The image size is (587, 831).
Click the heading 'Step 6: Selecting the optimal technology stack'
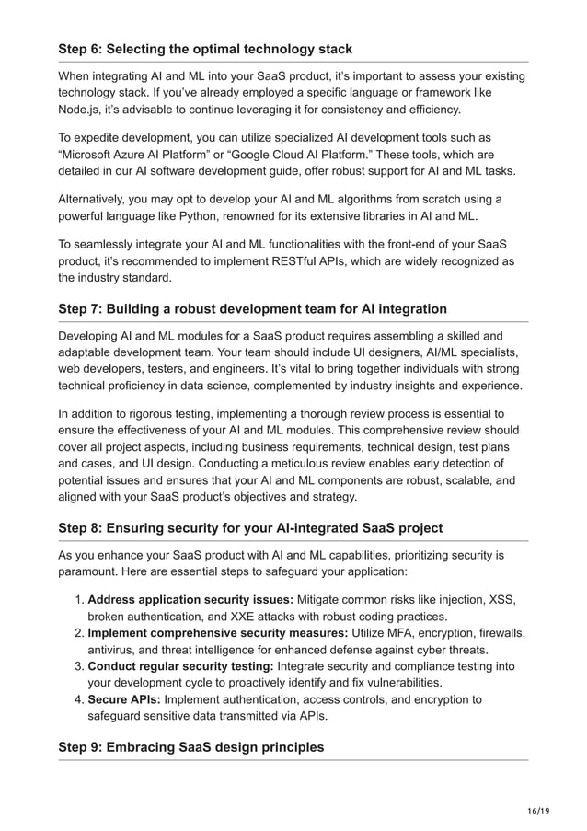click(205, 48)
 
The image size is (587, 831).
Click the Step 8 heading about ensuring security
click(250, 527)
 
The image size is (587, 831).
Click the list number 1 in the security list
click(77, 600)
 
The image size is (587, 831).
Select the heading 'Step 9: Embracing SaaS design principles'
click(191, 746)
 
